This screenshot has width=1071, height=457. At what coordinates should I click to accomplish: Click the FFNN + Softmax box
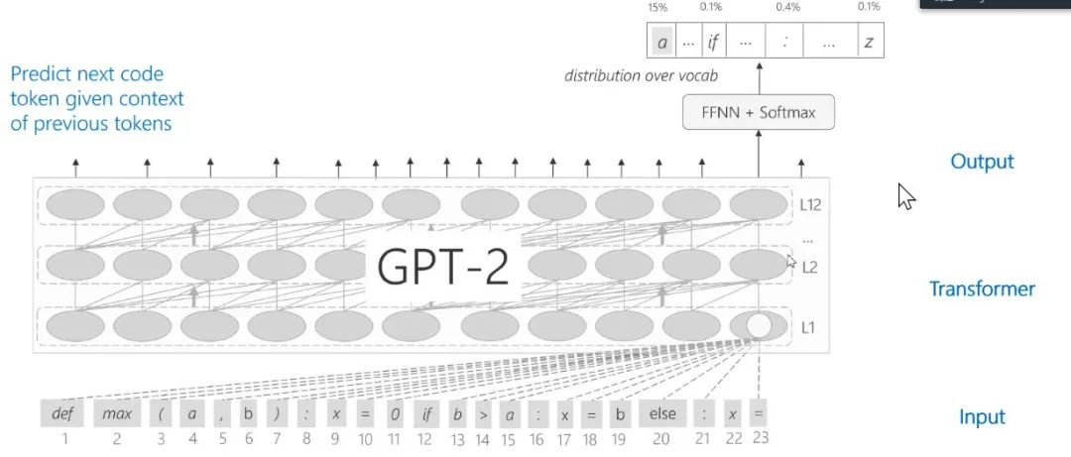(x=759, y=113)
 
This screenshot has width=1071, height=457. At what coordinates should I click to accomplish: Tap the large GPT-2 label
(x=443, y=266)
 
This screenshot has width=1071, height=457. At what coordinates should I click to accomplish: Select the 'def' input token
(x=61, y=412)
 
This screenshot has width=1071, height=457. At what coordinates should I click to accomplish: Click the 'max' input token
(x=117, y=412)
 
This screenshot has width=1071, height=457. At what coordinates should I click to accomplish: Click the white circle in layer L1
(x=759, y=326)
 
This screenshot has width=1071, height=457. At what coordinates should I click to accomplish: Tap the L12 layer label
(x=812, y=206)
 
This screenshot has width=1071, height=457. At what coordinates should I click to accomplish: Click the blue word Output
(x=982, y=162)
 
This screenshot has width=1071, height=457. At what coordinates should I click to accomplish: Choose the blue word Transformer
(x=982, y=289)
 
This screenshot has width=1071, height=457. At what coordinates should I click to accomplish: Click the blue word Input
(x=982, y=417)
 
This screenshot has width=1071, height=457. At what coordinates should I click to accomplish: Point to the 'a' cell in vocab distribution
(x=660, y=43)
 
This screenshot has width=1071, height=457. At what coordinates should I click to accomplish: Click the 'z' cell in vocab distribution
(x=869, y=43)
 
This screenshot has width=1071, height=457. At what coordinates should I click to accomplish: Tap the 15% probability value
(x=657, y=7)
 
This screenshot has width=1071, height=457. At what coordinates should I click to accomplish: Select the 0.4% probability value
(x=788, y=7)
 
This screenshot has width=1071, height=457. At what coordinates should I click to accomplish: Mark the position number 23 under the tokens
(x=760, y=436)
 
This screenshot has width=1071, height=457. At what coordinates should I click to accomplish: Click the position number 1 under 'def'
(x=64, y=436)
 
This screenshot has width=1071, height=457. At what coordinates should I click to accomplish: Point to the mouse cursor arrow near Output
(x=905, y=195)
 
